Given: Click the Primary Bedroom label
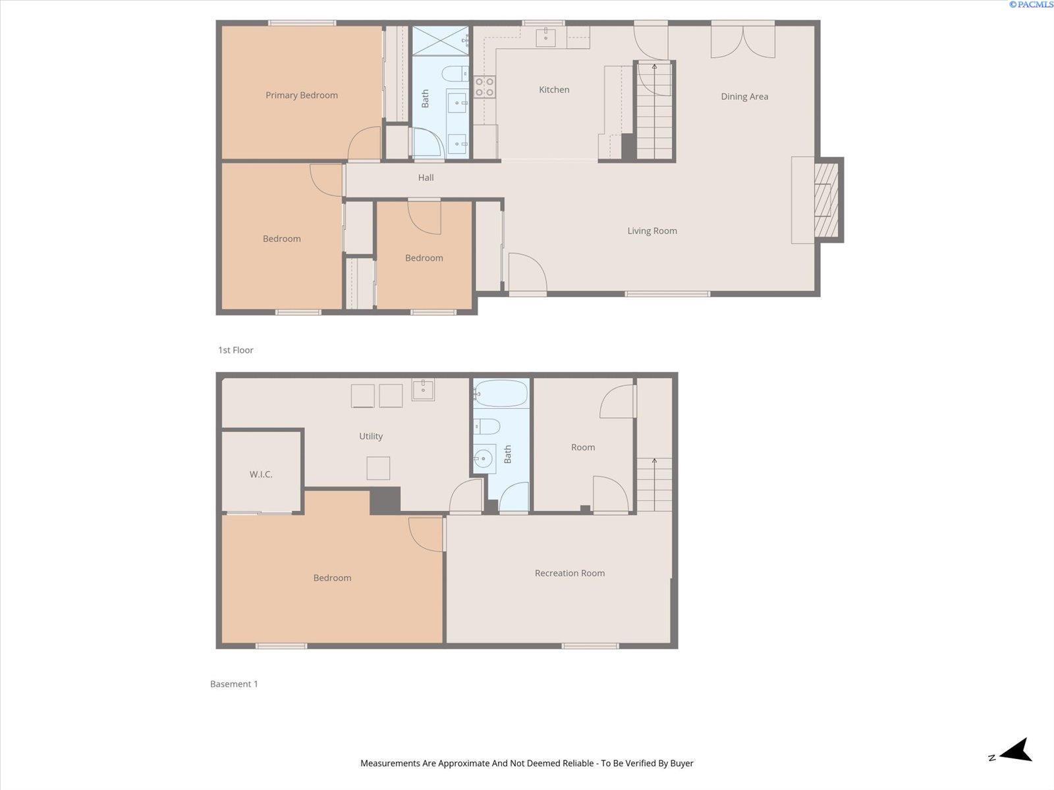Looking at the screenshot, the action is pos(302,95).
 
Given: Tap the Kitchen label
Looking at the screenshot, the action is pos(553,90).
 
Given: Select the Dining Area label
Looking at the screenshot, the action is pos(744,96).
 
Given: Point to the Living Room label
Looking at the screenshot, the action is pos(652,230).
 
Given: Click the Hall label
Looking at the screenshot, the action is pos(426,178).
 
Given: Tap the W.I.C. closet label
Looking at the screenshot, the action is pos(261,475).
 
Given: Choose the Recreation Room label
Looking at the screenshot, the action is pos(570,573).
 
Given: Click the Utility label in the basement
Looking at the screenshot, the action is pos(371,436).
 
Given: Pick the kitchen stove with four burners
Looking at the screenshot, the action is pos(484,87).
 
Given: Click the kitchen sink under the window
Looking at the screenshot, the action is pos(545,37).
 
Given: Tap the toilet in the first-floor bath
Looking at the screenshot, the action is pos(455,74).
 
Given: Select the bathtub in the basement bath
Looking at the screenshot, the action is pos(501,393).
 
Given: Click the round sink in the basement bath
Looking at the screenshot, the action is pos(484,459).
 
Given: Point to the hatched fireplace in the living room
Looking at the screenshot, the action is pos(826,200).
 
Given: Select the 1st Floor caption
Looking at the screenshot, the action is pos(235,350).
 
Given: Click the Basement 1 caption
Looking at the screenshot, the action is pos(234,684).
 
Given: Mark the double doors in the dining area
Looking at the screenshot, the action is pos(743,41).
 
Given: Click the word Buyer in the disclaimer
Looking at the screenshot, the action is pos(681,763).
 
